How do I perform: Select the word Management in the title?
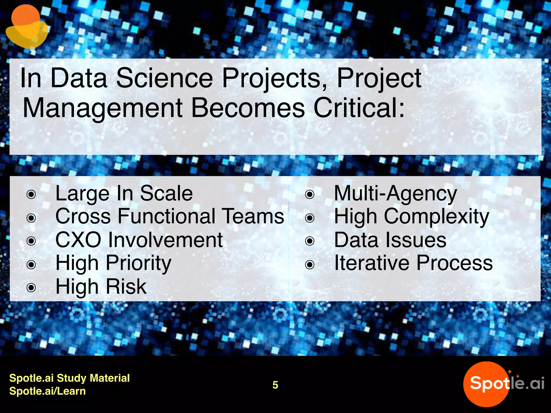(103, 108)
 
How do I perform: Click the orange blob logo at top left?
(26, 27)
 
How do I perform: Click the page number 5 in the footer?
(275, 385)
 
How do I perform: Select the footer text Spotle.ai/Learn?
(47, 391)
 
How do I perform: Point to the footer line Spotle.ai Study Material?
(69, 378)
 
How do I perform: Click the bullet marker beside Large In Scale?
(31, 194)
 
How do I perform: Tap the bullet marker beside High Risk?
(31, 288)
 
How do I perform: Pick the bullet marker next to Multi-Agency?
(310, 194)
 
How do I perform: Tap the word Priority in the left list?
(138, 263)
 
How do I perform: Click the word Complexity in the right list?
(436, 217)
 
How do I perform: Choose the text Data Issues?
(390, 240)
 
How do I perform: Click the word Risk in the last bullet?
(126, 287)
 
